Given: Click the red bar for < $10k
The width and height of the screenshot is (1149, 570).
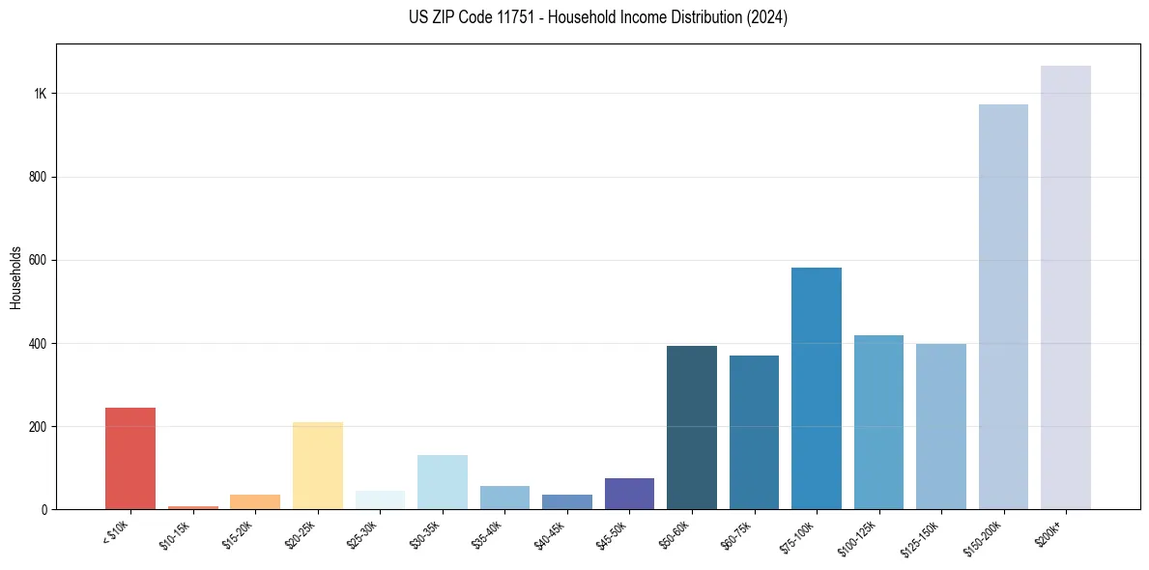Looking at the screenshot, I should pos(130,459).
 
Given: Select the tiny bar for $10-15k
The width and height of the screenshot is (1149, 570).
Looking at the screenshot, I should pos(192,507).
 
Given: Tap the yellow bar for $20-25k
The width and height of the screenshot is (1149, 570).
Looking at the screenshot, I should pos(317,466).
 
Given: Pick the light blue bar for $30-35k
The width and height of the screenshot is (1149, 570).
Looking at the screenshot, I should pos(443,482).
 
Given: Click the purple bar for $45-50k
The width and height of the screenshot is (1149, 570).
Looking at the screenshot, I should pos(629,494).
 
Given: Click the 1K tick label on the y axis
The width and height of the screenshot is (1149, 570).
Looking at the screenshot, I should pos(41,94).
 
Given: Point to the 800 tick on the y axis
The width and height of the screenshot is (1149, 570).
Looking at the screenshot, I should pos(38,177).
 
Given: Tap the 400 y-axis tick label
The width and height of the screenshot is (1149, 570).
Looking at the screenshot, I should pos(38,343).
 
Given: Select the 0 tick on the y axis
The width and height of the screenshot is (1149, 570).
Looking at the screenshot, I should pos(44,509).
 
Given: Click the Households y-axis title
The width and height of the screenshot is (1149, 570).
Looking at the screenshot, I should pos(16,277).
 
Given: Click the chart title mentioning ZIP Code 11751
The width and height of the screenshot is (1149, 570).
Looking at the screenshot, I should pos(598,17).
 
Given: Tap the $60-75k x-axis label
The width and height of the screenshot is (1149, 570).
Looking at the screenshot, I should pos(736,534).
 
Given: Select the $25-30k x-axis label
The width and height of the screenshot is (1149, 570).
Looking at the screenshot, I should pos(362,534).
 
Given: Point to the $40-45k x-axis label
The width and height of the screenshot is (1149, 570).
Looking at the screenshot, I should pos(549,534).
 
